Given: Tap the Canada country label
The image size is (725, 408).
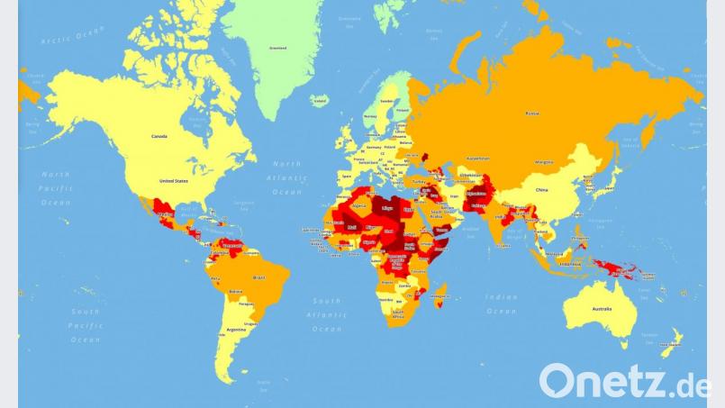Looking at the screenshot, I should pos(159,136).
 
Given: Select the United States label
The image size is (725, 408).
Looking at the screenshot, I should pos(174,181).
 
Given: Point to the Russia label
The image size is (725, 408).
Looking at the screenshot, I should pos(533,113).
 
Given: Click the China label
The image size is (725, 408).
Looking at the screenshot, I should pos(541,190).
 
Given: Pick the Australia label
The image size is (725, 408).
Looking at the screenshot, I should pos(601,310).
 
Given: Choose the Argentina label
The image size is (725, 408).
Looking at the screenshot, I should pos(237,331).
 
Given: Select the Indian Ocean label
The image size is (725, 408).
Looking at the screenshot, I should pos(502,304).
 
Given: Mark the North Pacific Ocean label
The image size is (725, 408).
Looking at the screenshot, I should pos(55,188).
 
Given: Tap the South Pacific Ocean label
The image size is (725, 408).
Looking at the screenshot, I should pos(86,325).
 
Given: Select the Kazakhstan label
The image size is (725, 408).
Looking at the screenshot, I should pos(475,158).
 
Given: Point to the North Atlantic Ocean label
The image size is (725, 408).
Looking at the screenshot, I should pos(287,177).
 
